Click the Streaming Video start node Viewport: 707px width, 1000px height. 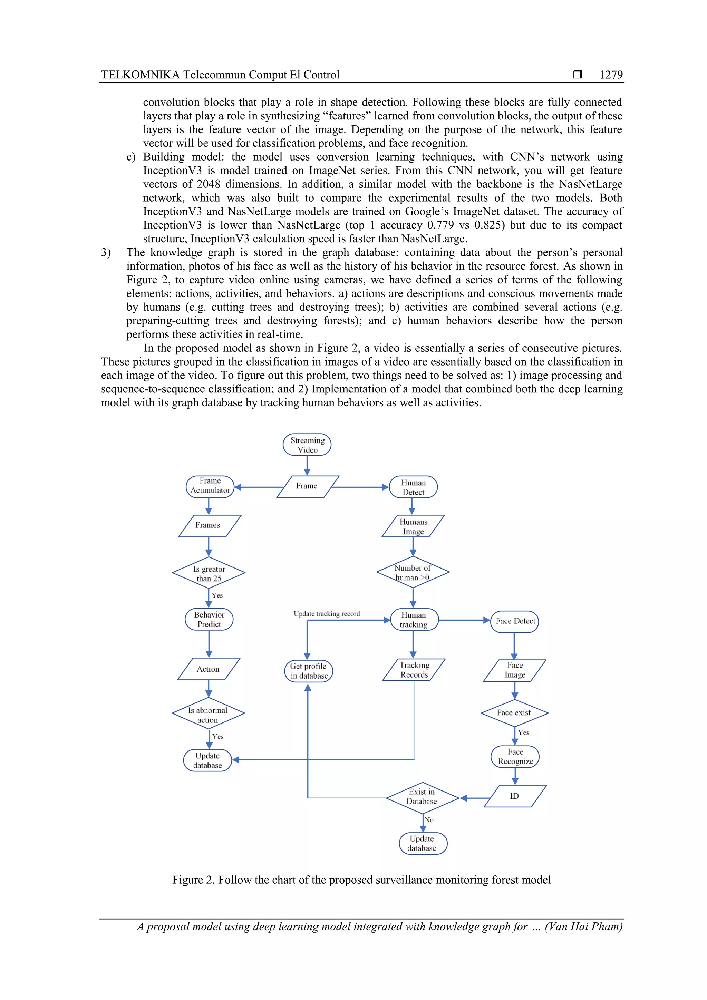point(307,445)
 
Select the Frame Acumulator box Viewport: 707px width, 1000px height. point(210,486)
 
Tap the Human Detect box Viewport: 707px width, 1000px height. point(413,487)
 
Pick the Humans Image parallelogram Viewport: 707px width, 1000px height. point(413,526)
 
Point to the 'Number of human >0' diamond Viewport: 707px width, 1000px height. point(413,572)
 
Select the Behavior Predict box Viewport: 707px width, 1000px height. point(209,619)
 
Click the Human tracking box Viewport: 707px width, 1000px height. point(414,619)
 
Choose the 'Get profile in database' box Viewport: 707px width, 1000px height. point(308,671)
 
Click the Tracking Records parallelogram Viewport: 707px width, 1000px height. point(414,670)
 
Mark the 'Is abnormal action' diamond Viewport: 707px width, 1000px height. point(208,715)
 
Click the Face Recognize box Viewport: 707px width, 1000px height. point(515,757)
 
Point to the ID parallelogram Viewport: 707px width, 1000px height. point(515,796)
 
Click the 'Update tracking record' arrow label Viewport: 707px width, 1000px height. point(327,614)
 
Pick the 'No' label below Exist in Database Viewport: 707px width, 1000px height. point(429,820)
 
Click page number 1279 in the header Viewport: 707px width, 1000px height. point(611,75)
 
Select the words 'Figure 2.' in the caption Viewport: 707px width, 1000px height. point(193,880)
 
